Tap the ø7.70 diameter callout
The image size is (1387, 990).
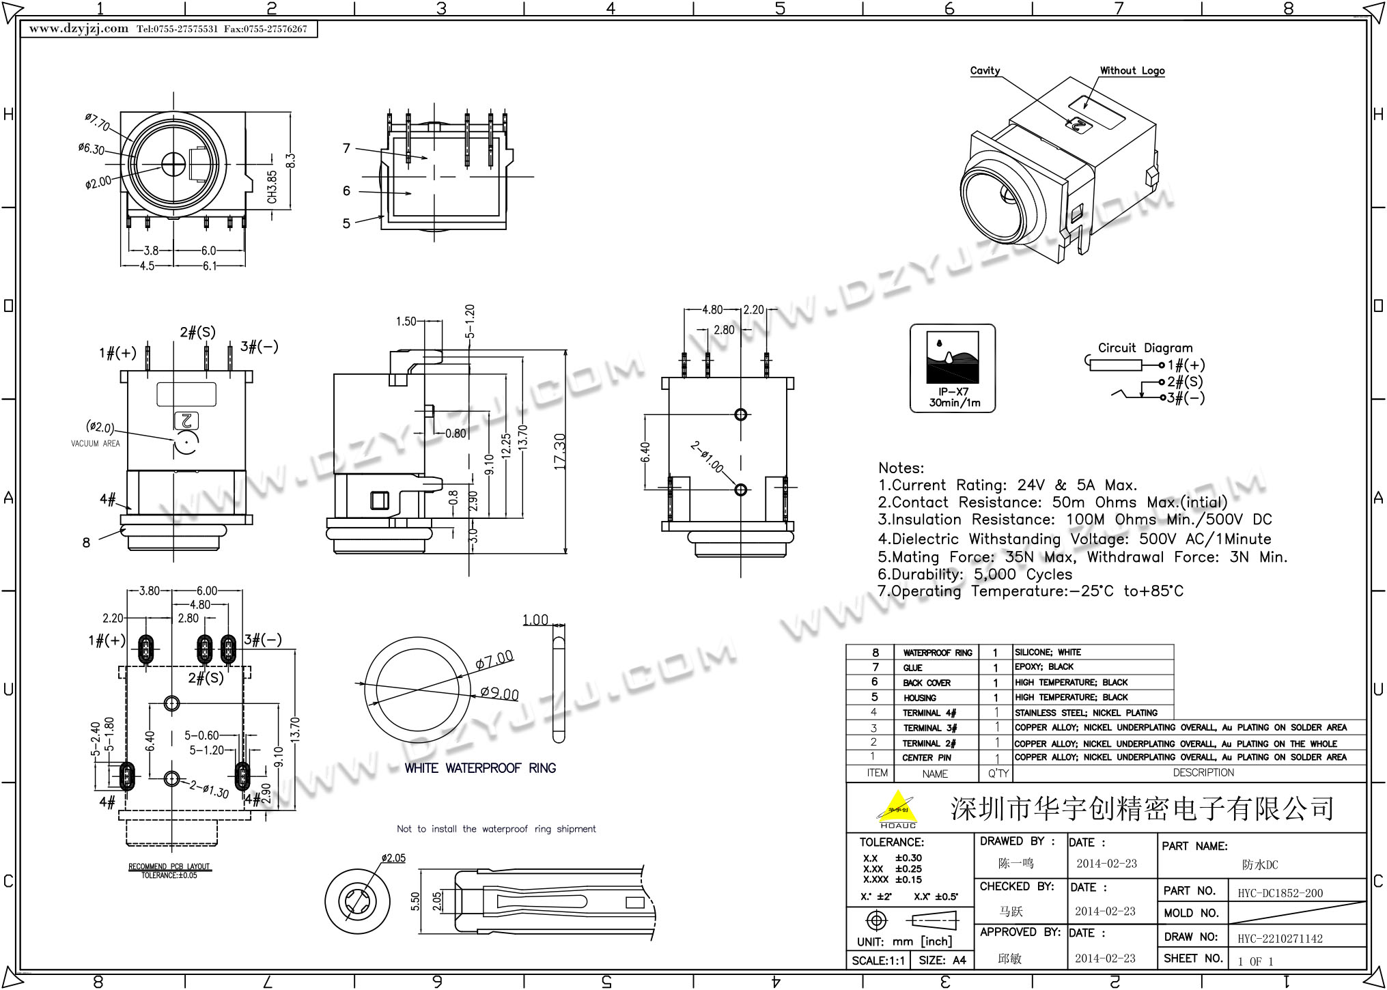(98, 123)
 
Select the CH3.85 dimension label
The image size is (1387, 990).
(272, 186)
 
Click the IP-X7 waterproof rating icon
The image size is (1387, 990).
(953, 368)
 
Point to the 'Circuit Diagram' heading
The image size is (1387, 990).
(1145, 348)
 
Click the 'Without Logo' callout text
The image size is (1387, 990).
(1132, 70)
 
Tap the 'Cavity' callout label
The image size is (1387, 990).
(985, 70)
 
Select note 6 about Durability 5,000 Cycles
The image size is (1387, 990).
(975, 574)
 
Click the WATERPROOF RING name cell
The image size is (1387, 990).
(937, 653)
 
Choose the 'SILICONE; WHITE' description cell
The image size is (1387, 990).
(1048, 653)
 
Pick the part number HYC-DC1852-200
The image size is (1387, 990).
(1280, 893)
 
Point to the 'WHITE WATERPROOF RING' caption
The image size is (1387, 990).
(480, 768)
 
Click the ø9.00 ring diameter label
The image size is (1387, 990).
(499, 694)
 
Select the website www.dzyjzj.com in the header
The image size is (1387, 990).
(79, 29)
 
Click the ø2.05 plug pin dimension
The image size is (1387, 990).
(393, 858)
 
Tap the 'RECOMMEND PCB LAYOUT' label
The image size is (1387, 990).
(169, 866)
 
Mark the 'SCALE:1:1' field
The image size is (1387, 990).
(878, 961)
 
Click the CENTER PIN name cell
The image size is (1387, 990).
(926, 758)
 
